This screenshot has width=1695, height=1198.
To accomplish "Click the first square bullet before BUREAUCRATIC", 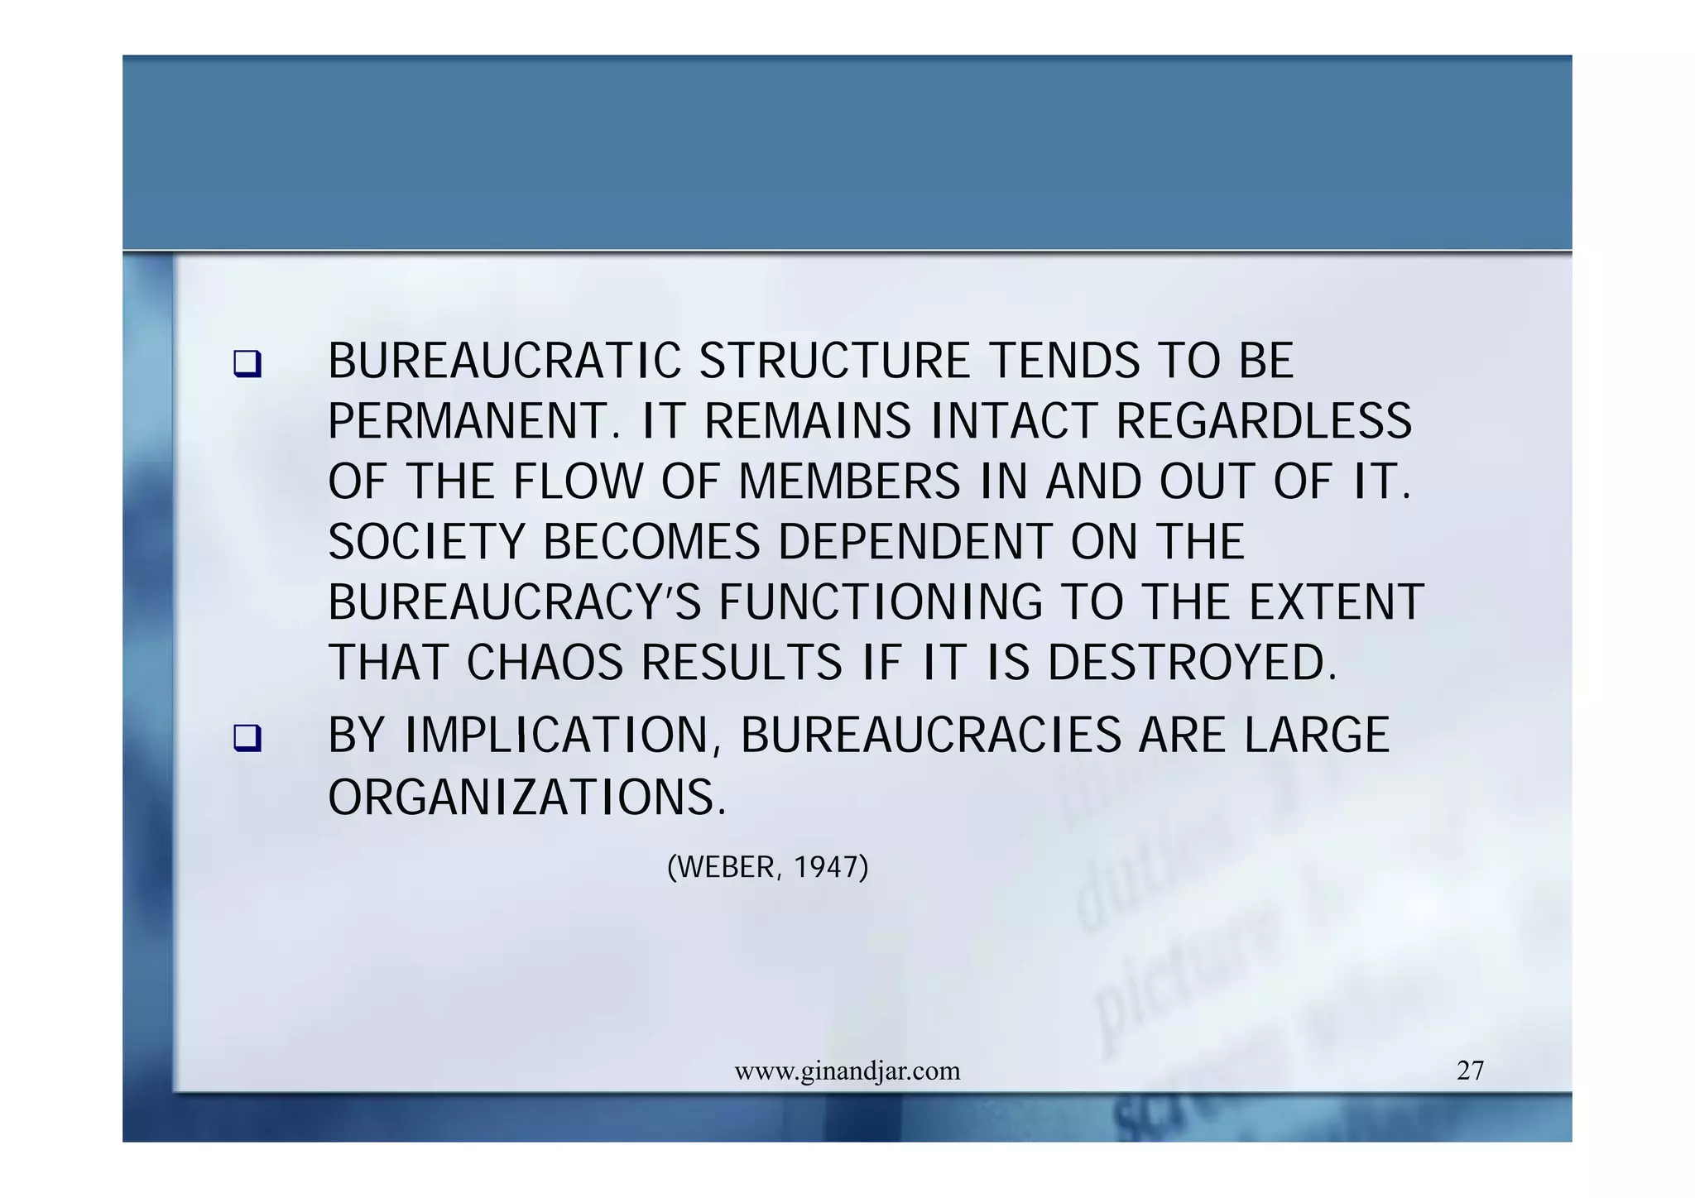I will pyautogui.click(x=247, y=364).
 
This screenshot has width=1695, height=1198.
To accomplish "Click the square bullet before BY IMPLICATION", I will pyautogui.click(x=247, y=738).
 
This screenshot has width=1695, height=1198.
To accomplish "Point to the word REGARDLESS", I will pyautogui.click(x=1264, y=421).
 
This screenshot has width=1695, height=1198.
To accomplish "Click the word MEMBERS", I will pyautogui.click(x=848, y=482).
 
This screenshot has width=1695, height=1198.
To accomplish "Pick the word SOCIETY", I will pyautogui.click(x=426, y=543).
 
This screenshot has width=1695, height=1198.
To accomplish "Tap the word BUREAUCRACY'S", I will pyautogui.click(x=514, y=602).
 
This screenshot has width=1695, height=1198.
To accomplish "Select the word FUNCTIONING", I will pyautogui.click(x=881, y=602).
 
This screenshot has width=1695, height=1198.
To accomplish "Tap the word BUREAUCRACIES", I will pyautogui.click(x=930, y=736).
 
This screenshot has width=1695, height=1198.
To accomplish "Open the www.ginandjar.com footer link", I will pyautogui.click(x=847, y=1071).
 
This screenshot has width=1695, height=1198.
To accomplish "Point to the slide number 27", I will pyautogui.click(x=1470, y=1071).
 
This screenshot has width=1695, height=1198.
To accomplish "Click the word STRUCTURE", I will pyautogui.click(x=834, y=362).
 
